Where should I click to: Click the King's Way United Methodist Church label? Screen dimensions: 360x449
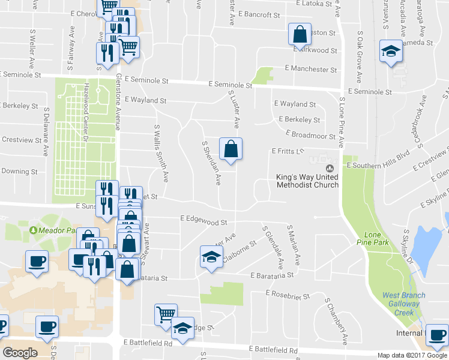coord(307,181)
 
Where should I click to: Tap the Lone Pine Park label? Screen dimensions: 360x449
coord(377,238)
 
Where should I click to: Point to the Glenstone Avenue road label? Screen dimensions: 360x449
coord(118,101)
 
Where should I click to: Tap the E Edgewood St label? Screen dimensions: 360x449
coord(203,221)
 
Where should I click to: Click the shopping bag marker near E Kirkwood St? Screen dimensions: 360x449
coord(299,35)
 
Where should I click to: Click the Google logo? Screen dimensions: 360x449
coord(20,352)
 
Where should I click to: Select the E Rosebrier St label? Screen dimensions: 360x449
coord(288,296)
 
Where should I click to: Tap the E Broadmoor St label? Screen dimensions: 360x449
coord(310,134)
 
